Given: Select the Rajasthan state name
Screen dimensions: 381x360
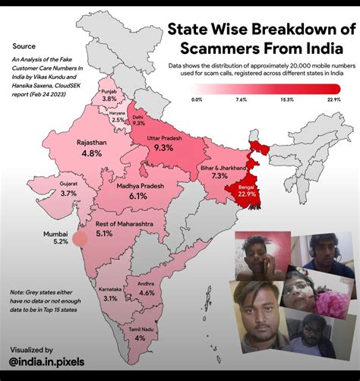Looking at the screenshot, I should click(90, 141).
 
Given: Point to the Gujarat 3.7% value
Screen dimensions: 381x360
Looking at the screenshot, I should click(69, 194).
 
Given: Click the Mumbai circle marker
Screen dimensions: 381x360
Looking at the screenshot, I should click(79, 241).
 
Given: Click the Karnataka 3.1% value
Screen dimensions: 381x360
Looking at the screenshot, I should click(110, 298).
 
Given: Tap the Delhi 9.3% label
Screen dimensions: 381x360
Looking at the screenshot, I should click(138, 123).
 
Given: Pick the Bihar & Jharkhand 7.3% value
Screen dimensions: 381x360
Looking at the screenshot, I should click(220, 176).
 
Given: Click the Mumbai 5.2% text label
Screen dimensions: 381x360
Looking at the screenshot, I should click(55, 238).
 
